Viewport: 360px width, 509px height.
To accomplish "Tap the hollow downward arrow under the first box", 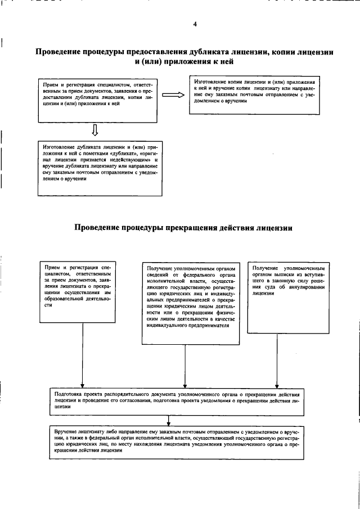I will tap(95, 130).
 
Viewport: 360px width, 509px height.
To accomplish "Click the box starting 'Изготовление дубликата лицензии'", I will tap(99, 167).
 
